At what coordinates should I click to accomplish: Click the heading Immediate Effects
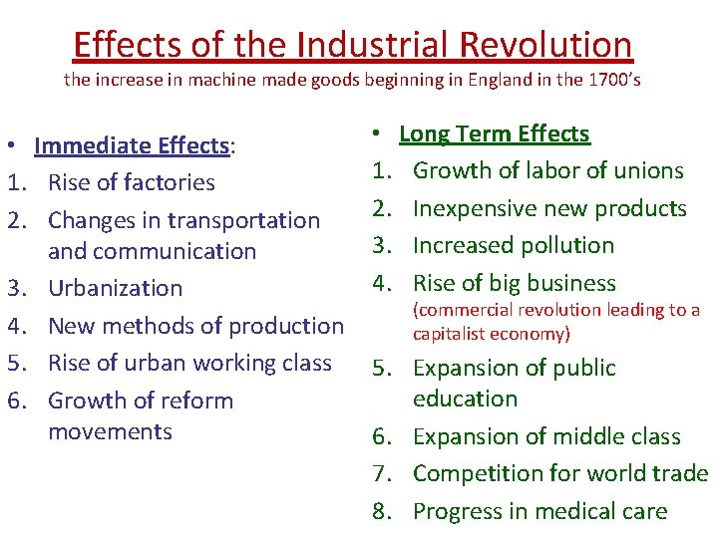[132, 145]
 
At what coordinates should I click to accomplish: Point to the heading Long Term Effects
[495, 134]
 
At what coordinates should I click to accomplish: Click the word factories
[168, 182]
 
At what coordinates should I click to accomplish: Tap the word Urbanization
[116, 288]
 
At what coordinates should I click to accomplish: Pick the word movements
[110, 431]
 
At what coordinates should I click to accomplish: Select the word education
[465, 399]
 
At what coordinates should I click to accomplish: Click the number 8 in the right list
[380, 511]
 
